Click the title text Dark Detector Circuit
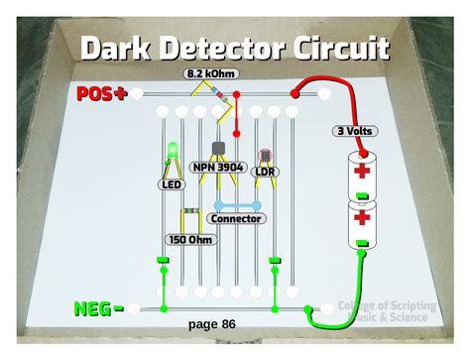[x=234, y=47]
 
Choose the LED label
[x=171, y=184]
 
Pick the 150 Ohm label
[x=190, y=238]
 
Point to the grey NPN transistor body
[x=220, y=149]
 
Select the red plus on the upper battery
[x=361, y=170]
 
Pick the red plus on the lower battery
[x=361, y=215]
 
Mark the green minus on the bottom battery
[x=361, y=242]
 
